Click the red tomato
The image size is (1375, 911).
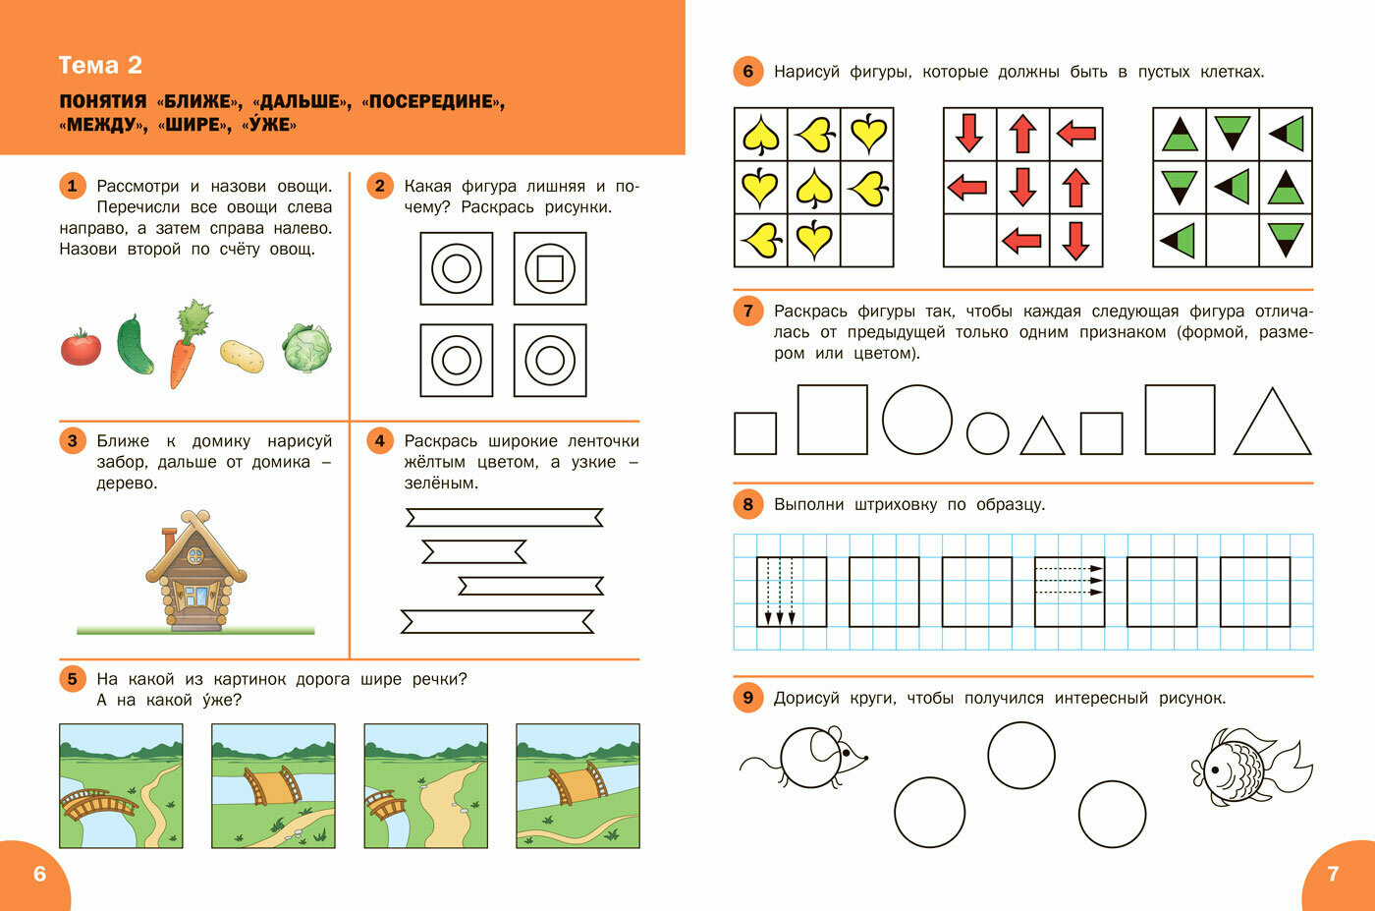point(81,347)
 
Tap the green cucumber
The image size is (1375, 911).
point(135,345)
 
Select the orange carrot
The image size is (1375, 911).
point(188,344)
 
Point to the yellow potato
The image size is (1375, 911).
point(242,356)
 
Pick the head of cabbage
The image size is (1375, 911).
point(306,348)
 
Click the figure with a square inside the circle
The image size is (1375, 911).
point(550,268)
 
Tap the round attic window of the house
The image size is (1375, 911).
point(195,556)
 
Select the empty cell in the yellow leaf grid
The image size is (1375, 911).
point(866,240)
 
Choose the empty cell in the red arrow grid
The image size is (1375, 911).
point(970,240)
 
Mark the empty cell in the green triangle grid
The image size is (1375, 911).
point(1232,240)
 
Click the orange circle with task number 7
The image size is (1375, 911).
point(747,311)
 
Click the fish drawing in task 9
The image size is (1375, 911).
point(1249,768)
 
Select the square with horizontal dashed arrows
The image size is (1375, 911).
point(1070,592)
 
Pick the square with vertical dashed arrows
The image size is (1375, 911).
point(792,592)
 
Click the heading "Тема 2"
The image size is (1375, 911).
point(100,65)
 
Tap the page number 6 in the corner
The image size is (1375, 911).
point(40,874)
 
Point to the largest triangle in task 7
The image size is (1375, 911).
point(1273,422)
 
